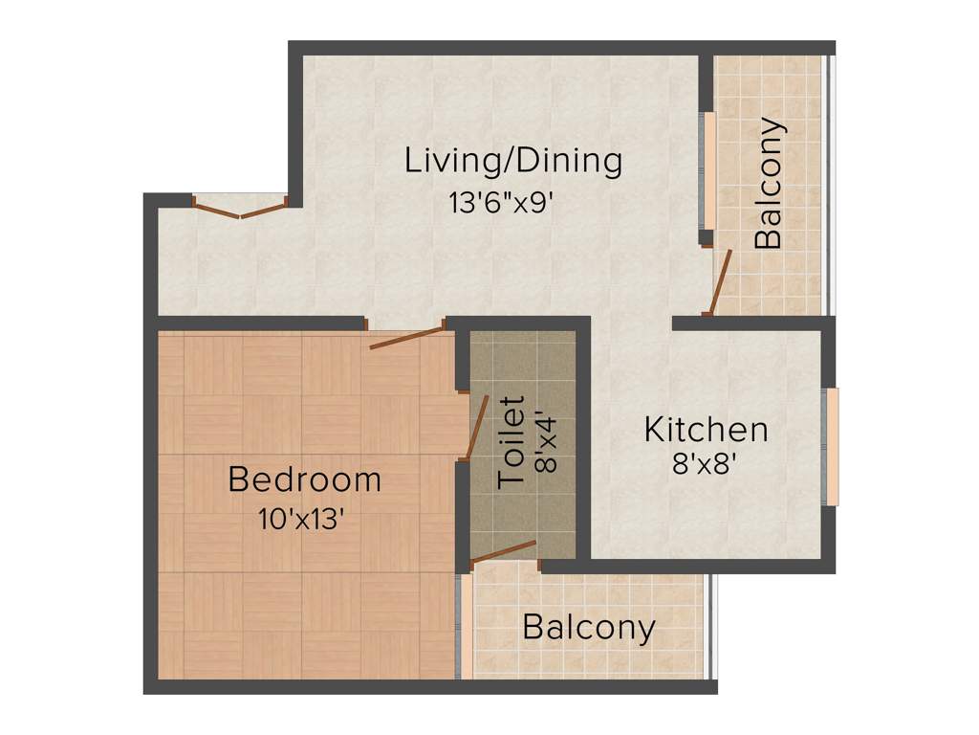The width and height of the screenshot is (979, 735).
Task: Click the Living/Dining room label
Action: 513,160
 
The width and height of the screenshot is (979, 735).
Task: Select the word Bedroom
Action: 304,479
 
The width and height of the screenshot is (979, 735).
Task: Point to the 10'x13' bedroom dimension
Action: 300,520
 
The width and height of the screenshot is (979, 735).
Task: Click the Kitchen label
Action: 706,430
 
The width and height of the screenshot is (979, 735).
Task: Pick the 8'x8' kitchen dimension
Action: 705,466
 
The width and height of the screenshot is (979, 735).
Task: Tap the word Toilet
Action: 513,442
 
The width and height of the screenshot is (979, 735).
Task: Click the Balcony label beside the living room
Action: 769,183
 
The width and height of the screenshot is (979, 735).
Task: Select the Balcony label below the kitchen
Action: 589,629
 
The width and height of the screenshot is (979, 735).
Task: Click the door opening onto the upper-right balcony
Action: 720,283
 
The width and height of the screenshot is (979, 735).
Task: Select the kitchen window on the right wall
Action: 832,447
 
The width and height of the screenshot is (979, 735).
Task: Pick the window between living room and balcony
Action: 708,170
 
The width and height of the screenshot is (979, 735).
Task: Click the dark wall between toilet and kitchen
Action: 582,440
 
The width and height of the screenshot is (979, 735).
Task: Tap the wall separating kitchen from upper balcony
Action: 751,323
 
